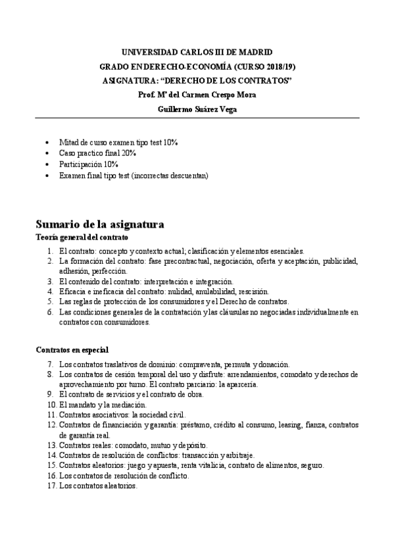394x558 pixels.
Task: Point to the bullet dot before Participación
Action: pos(45,165)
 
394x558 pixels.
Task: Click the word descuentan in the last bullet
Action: pos(185,176)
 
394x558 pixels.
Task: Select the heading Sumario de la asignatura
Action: pos(99,224)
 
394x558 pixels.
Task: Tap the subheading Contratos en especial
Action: pos(72,350)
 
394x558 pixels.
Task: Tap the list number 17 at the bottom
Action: pos(50,486)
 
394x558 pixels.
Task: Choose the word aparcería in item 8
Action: pos(240,384)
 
